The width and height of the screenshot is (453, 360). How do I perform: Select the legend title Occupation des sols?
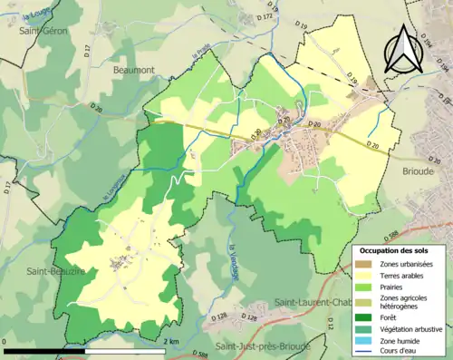click(x=396, y=249)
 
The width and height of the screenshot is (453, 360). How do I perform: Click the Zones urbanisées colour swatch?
click(x=364, y=264)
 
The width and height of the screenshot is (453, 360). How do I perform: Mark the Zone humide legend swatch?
click(x=364, y=340)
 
